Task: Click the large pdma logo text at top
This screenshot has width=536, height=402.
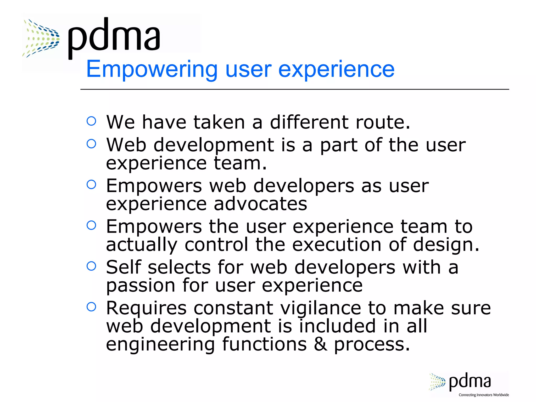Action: coord(114,37)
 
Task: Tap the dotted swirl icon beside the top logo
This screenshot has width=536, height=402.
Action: coord(41,38)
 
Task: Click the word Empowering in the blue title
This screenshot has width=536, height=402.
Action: coord(152,69)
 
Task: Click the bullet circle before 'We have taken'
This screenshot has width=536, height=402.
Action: coord(91,121)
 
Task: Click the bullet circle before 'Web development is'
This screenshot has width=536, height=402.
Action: coord(91,143)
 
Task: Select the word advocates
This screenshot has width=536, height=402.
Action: coord(260,204)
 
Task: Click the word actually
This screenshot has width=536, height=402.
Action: coord(141,245)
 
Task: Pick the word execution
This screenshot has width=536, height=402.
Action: coord(336,245)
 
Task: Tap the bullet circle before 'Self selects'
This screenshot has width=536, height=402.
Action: coord(91,266)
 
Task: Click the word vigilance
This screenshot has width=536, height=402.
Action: coord(321,308)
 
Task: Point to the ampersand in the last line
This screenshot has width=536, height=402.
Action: coord(320,344)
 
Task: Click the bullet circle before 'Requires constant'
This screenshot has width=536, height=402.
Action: coord(91,306)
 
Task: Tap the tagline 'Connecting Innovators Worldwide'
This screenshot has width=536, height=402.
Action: coord(484,395)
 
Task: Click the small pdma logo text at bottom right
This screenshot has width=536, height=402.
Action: coord(470,382)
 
